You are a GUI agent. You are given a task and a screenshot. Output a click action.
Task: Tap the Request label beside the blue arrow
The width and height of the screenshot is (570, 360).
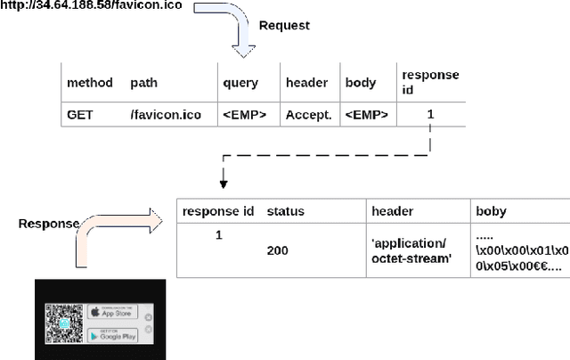tap(283, 26)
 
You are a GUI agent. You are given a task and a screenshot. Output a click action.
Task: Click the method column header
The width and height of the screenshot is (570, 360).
tap(90, 83)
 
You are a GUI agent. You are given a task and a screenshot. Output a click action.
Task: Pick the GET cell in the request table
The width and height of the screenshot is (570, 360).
tap(81, 114)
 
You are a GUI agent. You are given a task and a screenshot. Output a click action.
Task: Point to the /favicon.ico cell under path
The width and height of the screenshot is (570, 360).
tap(164, 114)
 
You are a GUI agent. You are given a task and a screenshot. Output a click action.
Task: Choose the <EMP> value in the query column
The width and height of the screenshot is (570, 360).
tap(244, 114)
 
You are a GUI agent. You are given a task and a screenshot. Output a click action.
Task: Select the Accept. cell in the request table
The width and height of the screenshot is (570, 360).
tap(308, 114)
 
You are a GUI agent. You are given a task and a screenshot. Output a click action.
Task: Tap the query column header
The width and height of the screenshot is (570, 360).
tap(240, 83)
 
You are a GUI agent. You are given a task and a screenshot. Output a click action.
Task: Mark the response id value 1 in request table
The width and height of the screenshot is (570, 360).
tap(431, 114)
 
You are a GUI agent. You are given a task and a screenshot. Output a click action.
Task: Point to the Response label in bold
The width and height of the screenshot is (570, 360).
tap(49, 224)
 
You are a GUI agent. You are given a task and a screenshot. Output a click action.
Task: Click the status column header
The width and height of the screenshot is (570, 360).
tap(285, 211)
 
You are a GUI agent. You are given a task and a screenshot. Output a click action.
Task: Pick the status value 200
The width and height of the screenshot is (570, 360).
tap(278, 251)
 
